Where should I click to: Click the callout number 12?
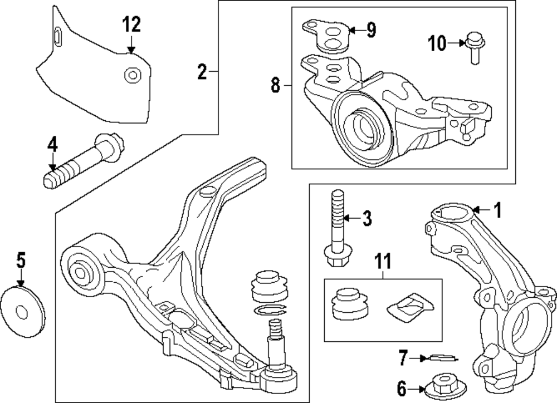coord(132,25)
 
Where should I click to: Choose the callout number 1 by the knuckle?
coord(497,210)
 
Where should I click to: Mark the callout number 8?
coord(275,85)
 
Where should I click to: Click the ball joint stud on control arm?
coord(276,345)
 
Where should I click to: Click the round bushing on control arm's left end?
coord(81,271)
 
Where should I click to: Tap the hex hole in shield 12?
coord(132,75)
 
